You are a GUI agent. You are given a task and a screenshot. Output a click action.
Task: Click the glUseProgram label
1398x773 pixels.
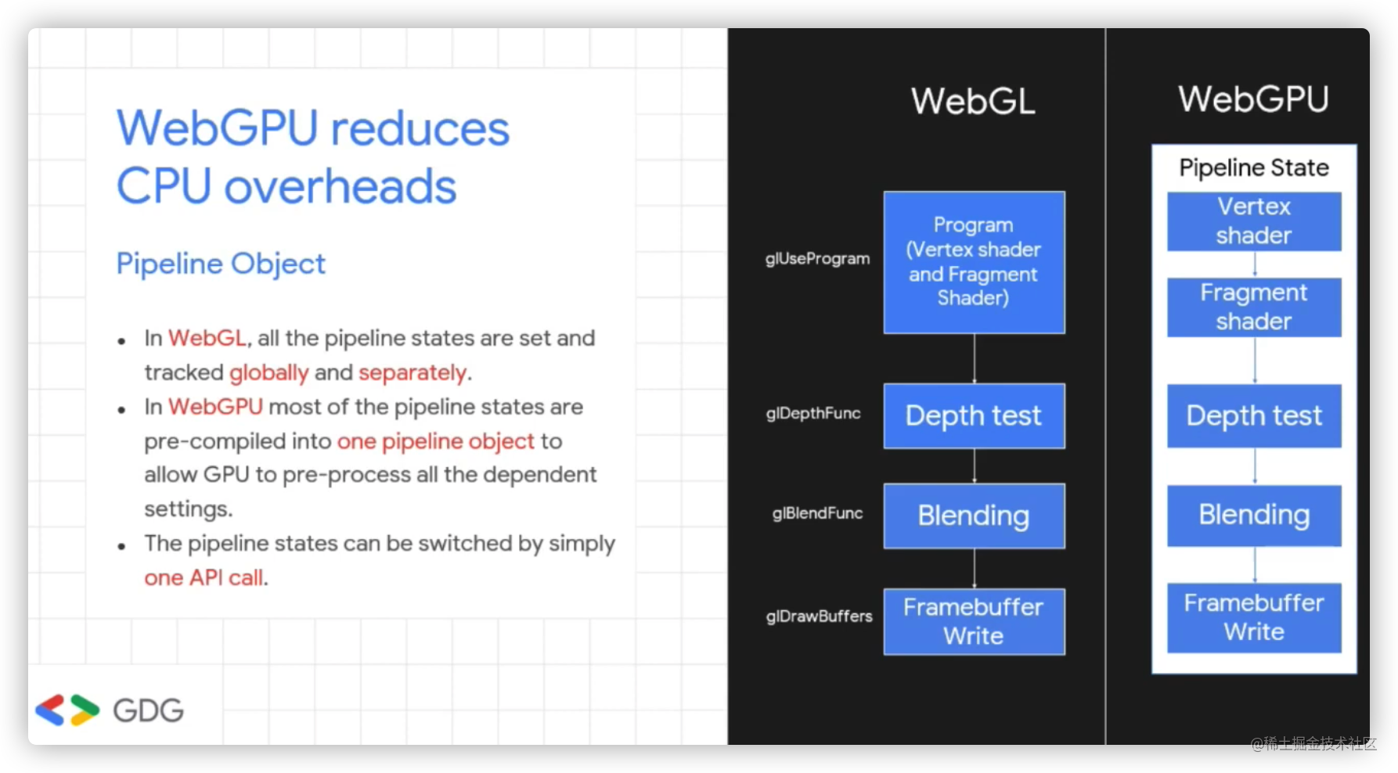click(x=817, y=259)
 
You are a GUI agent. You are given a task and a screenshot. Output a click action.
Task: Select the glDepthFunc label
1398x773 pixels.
click(x=813, y=413)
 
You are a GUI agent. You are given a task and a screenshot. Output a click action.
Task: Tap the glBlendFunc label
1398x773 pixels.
click(x=817, y=513)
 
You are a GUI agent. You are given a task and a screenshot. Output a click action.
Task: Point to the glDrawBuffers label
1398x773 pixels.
click(x=819, y=616)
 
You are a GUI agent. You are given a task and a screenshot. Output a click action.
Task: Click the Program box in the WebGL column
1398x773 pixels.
click(x=974, y=262)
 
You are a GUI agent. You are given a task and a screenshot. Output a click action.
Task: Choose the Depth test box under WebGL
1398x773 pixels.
click(x=974, y=415)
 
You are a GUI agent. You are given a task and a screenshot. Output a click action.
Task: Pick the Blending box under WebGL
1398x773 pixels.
click(x=974, y=516)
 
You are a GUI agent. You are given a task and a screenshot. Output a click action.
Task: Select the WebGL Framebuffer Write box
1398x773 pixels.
click(x=974, y=621)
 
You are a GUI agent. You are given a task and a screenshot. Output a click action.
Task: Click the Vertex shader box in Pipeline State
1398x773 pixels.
click(x=1254, y=221)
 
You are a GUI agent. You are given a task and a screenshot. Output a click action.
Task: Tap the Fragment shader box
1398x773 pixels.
click(x=1254, y=307)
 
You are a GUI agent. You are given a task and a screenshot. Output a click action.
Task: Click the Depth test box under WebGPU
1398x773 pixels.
click(x=1254, y=415)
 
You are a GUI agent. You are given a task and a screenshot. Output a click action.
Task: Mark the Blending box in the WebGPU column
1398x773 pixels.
click(x=1254, y=515)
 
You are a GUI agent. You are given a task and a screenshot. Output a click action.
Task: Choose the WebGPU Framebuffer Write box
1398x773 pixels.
click(x=1254, y=617)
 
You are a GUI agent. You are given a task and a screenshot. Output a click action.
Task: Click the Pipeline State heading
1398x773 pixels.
click(x=1254, y=167)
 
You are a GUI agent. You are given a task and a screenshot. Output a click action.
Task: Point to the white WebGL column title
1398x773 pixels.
click(x=973, y=101)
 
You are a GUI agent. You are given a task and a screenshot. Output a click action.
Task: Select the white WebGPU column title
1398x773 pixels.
click(x=1253, y=99)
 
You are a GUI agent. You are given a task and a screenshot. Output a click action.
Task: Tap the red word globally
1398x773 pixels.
click(x=268, y=373)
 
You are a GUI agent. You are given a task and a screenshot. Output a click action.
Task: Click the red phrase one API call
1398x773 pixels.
click(x=204, y=577)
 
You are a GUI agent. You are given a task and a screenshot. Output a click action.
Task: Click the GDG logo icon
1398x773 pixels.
click(x=67, y=710)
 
